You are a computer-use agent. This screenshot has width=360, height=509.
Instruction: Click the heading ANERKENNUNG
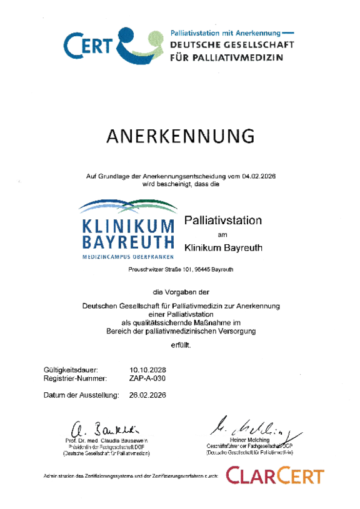[x=180, y=136]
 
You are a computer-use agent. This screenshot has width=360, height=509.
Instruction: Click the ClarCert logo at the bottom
[x=275, y=477]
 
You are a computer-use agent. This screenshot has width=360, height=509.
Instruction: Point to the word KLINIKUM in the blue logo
[x=127, y=226]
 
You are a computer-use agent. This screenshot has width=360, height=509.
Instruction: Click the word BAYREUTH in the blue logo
[x=127, y=242]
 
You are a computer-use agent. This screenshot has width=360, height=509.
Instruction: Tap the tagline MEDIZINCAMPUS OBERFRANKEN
[x=127, y=257]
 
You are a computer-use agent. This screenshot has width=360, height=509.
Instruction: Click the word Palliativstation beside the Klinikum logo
[x=222, y=220]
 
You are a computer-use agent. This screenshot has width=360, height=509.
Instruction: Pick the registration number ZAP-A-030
[x=149, y=378]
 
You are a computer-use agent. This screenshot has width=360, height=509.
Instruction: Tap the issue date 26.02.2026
[x=148, y=395]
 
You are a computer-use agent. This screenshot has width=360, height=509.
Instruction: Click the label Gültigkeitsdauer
[x=71, y=369]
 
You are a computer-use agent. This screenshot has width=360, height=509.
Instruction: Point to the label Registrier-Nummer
[x=76, y=378]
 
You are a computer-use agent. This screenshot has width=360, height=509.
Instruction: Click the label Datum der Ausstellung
[x=81, y=395]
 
